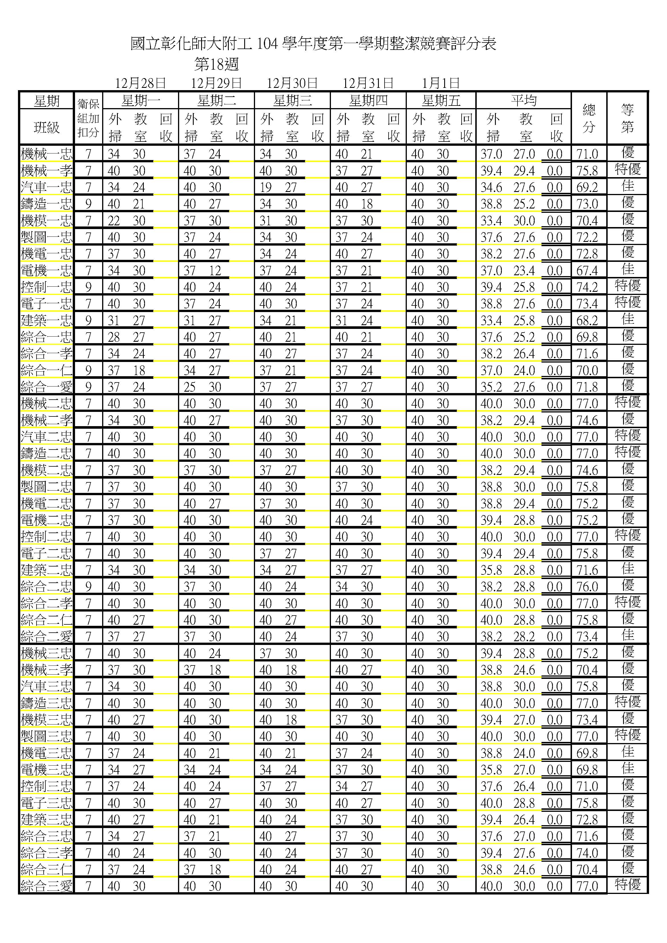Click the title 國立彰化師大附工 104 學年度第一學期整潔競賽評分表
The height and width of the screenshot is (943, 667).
313,44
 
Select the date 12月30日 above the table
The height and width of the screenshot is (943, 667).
292,83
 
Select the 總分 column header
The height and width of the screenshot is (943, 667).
589,118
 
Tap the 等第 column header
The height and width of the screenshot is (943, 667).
627,118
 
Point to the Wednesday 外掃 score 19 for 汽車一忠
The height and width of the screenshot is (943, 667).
265,188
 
